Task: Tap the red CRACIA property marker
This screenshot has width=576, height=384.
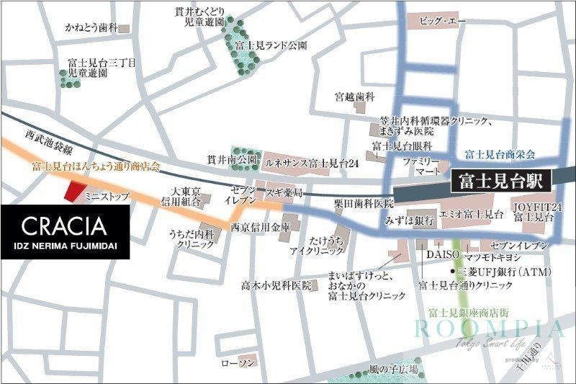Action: click(73, 192)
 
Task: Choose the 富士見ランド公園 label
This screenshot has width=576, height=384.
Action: click(271, 45)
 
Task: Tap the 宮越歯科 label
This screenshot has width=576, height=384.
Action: click(355, 96)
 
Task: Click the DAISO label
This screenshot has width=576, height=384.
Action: click(438, 254)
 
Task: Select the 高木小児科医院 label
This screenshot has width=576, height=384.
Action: click(277, 285)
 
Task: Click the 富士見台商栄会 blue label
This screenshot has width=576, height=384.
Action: click(500, 154)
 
